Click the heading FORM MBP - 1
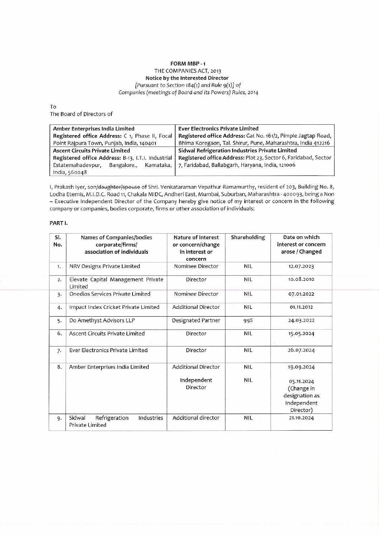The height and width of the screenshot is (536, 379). (190, 64)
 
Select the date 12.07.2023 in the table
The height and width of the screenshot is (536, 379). (301, 267)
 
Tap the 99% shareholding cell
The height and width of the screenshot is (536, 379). (248, 320)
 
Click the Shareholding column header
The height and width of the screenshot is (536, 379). (248, 238)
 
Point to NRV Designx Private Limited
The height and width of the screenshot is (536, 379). (105, 267)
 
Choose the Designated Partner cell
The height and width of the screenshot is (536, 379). (196, 320)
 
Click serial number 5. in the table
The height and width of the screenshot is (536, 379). (57, 321)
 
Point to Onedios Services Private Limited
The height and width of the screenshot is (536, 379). (110, 294)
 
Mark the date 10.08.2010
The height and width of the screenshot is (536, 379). (301, 279)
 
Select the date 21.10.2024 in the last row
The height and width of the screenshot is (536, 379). (301, 418)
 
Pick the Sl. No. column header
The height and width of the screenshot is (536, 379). (57, 241)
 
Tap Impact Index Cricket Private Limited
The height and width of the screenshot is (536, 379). (114, 307)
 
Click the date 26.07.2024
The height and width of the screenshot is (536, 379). (301, 350)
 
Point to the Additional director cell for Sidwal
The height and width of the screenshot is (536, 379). (196, 418)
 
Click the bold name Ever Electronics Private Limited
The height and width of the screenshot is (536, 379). (218, 129)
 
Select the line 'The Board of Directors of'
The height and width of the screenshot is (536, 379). (81, 114)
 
